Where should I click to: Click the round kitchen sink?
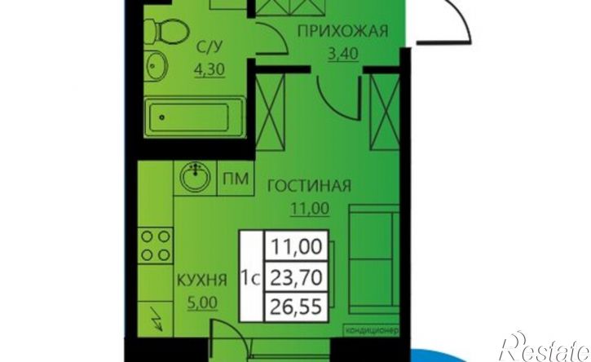point(195,177)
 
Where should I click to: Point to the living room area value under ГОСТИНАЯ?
point(309,210)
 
